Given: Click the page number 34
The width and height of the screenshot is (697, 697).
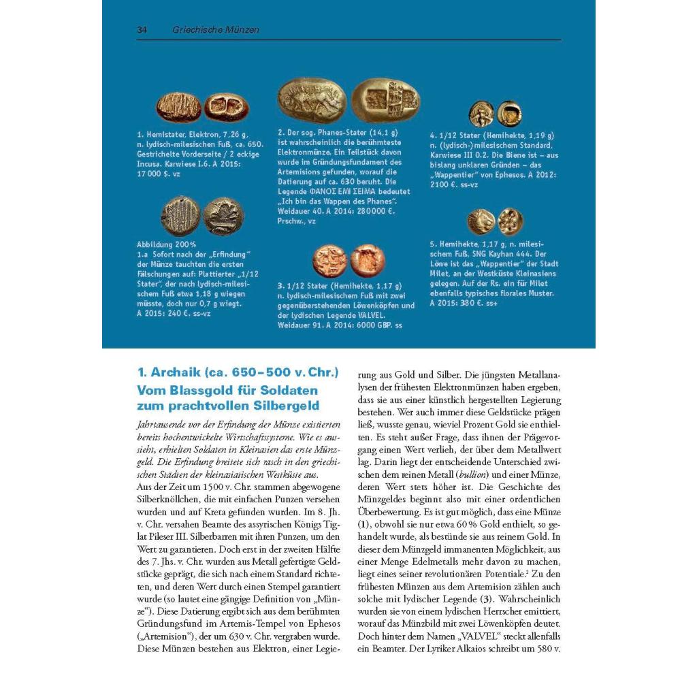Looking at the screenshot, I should (142, 30).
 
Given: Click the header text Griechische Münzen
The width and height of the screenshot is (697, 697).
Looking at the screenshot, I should (216, 30).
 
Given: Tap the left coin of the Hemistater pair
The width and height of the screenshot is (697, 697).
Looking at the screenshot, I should (178, 107).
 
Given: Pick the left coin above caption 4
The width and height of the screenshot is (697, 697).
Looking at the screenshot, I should (481, 114).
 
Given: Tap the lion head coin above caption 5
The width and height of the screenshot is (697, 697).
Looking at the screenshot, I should (481, 222).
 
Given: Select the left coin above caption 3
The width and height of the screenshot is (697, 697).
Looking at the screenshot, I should (329, 261).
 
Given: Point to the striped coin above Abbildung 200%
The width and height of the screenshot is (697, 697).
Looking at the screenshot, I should (180, 216).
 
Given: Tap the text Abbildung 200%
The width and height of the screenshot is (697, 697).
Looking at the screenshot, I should (167, 244).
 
